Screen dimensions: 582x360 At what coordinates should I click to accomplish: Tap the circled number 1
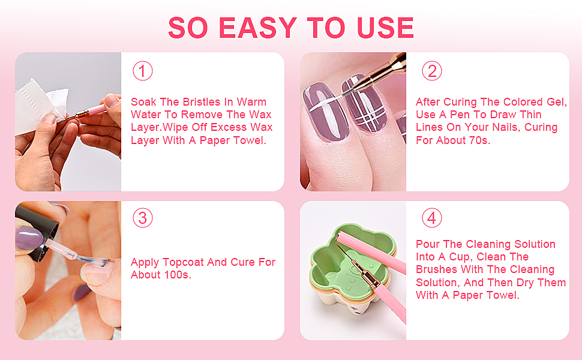tap(143, 71)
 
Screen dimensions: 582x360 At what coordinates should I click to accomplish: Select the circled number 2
tap(431, 71)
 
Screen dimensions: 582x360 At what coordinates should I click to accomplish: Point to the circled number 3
tap(143, 218)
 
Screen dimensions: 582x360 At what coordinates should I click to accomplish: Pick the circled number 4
tap(431, 218)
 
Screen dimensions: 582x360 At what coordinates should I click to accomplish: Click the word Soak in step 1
tap(143, 101)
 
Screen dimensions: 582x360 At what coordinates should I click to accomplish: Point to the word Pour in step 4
tap(428, 244)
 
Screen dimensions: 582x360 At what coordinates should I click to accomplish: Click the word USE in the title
tap(385, 28)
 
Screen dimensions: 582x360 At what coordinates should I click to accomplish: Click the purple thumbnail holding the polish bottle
tap(29, 239)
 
